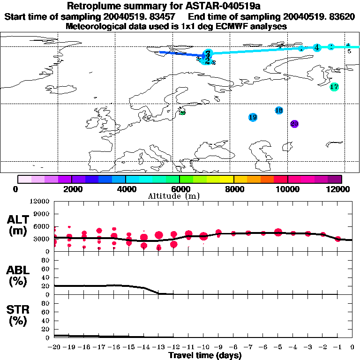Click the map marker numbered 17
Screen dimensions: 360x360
pos(334,87)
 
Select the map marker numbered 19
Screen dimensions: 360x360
pos(253,117)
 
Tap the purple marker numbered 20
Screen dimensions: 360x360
pos(294,124)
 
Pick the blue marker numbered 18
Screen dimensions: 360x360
pos(279,110)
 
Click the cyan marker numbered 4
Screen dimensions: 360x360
pos(317,47)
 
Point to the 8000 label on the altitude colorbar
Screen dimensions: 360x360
pos(233,189)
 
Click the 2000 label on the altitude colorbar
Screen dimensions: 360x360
pos(71,189)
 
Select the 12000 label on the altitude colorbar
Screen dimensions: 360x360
pos(339,189)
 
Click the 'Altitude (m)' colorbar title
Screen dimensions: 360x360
pos(168,196)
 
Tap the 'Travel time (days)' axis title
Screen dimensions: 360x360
pos(205,355)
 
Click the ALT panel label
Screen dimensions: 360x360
pos(18,225)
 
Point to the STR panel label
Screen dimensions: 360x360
pos(18,315)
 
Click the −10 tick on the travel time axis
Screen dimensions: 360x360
pos(203,347)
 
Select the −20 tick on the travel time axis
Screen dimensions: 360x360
pos(54,347)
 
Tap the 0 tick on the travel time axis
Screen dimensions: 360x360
pos(352,347)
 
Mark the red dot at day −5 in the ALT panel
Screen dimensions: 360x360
pos(278,232)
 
